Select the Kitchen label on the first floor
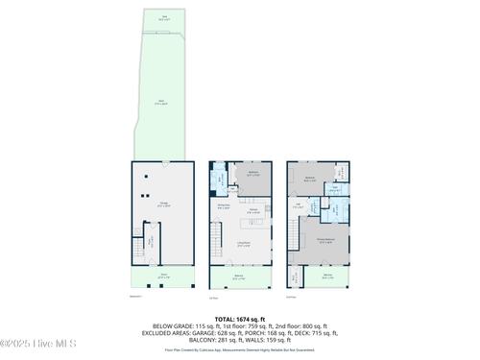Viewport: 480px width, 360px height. tap(254, 211)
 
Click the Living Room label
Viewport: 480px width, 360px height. tap(245, 245)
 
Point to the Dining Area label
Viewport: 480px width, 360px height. tap(221, 206)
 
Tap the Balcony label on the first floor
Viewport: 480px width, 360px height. tap(238, 278)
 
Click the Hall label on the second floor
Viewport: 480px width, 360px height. tap(298, 205)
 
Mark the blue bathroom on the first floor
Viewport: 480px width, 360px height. tap(219, 179)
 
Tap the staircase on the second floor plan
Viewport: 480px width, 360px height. tap(293, 235)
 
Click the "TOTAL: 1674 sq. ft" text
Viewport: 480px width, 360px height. tap(239, 318)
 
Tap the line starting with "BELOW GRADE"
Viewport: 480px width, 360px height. tap(239, 325)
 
